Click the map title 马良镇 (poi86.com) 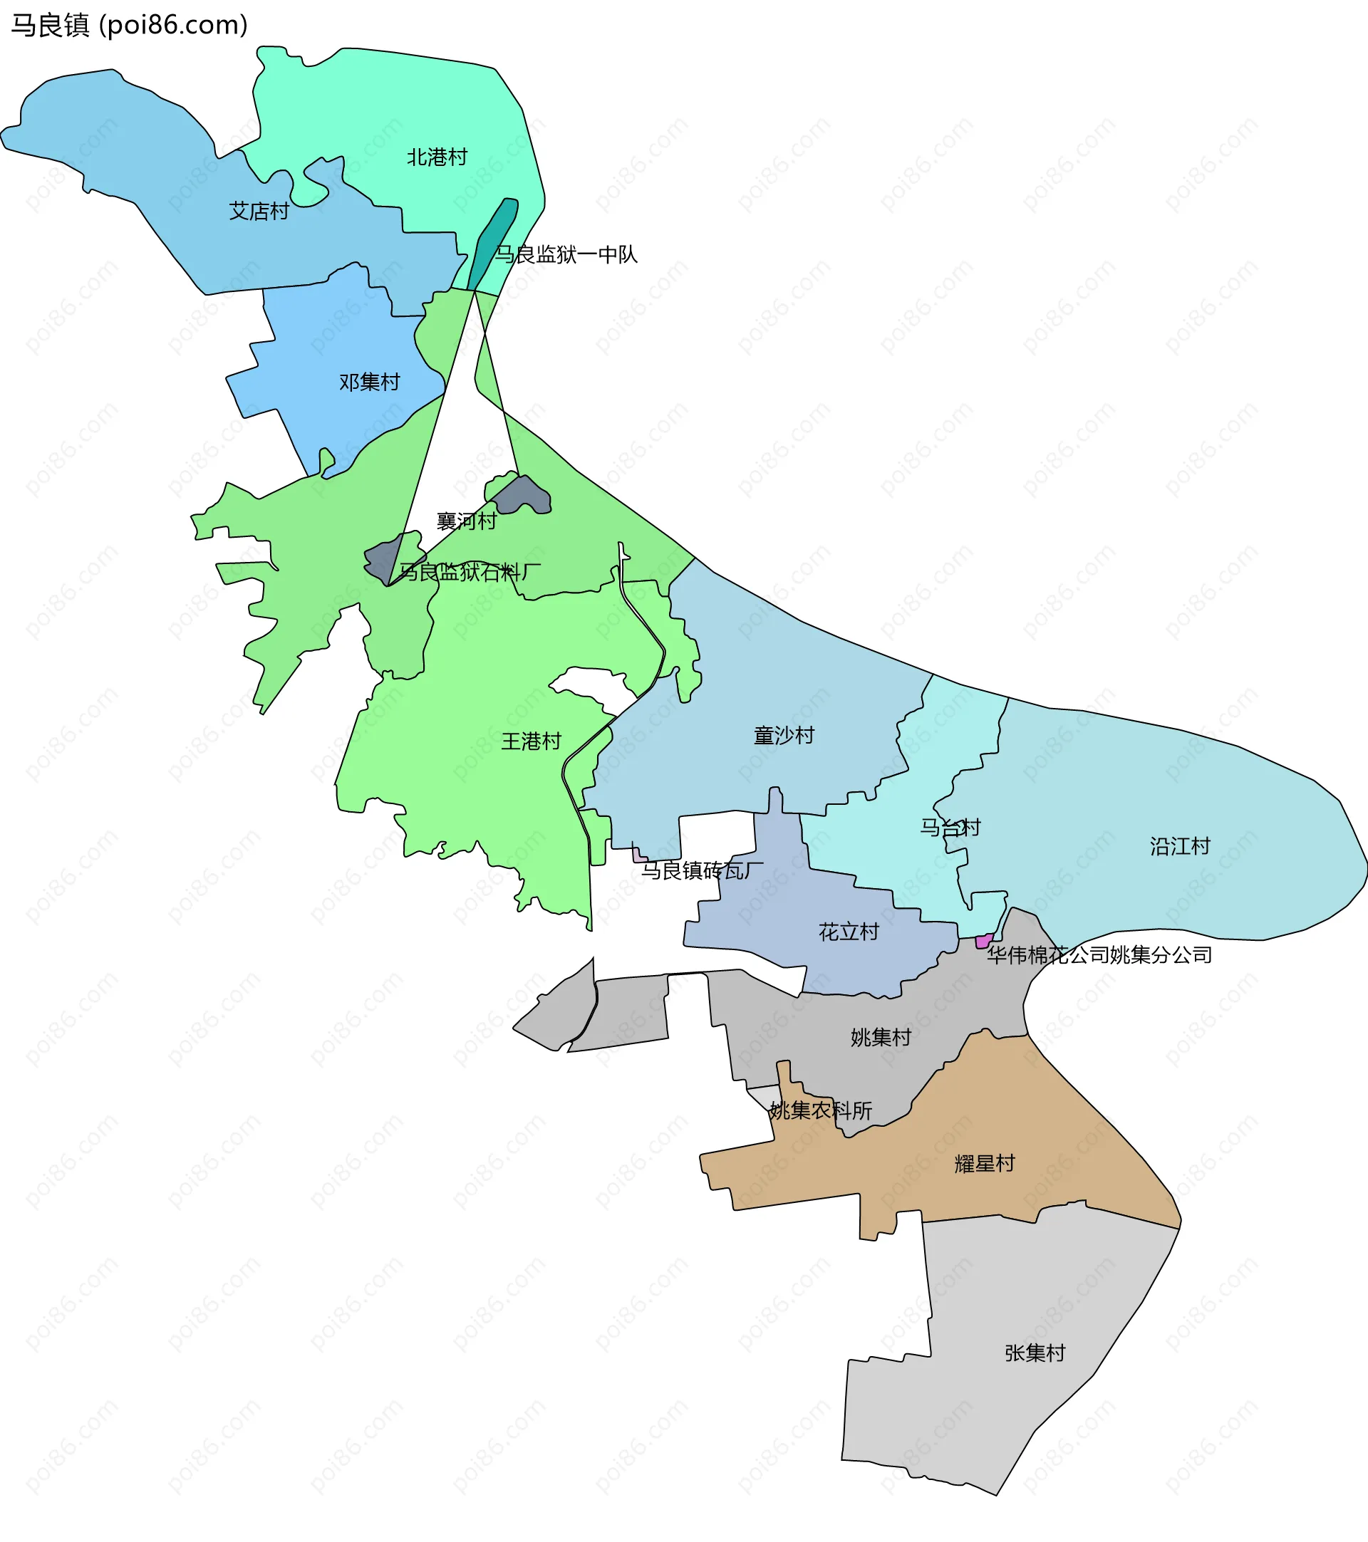tap(129, 26)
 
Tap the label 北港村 tap(437, 157)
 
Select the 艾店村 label tap(259, 212)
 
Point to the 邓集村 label tap(369, 382)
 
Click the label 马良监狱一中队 tap(566, 255)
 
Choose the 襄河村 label tap(466, 521)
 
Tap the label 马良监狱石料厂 tap(470, 572)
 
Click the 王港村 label tap(532, 741)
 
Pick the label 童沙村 tap(784, 735)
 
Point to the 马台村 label tap(950, 828)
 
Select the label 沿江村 tap(1180, 845)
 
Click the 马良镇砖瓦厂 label tap(702, 870)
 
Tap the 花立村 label tap(849, 932)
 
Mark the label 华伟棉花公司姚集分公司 tap(1099, 955)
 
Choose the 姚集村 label tap(881, 1037)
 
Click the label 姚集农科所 tap(820, 1110)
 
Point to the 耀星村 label tap(985, 1163)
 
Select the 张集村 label tap(1035, 1353)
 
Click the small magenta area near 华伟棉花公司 tap(984, 941)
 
